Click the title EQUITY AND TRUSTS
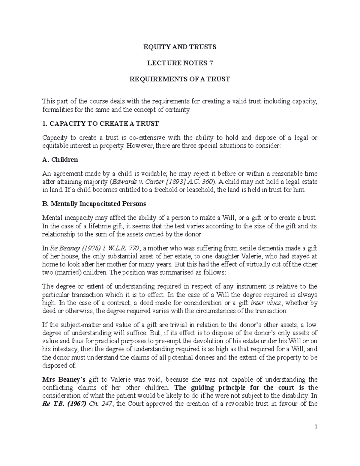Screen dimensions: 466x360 tap(179, 47)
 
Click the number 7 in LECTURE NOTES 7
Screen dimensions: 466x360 tap(206, 63)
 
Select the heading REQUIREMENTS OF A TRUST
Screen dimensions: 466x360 tap(179, 79)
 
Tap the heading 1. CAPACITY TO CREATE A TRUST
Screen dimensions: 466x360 tap(100, 124)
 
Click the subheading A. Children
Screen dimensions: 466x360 tap(60, 160)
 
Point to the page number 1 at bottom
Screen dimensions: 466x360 tap(316, 427)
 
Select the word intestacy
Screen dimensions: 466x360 tap(65, 349)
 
